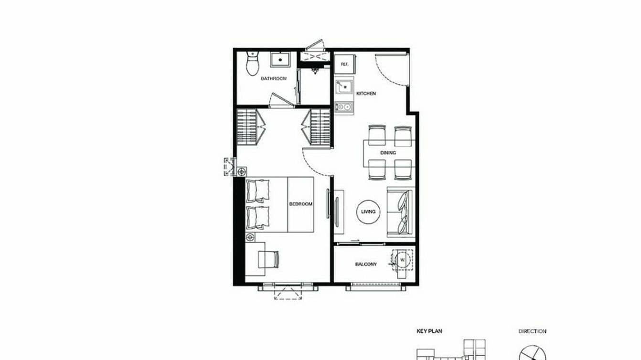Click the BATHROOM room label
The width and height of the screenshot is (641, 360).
pos(273,78)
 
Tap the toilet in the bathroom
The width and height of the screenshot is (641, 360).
pos(252,64)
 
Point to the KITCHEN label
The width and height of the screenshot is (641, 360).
pos(366,94)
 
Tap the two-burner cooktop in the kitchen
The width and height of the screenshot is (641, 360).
pos(343,107)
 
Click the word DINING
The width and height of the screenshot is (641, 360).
pos(387,153)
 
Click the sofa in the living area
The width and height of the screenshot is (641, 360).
pos(400,211)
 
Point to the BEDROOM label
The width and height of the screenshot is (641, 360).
pos(301,204)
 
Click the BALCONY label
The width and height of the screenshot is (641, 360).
pos(366,264)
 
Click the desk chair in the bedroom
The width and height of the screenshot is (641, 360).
pos(268,259)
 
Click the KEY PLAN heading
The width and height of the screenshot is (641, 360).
pos(427,331)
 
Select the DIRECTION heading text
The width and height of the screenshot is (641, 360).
pos(532,331)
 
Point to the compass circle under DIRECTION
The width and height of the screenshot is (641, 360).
pos(532,352)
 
